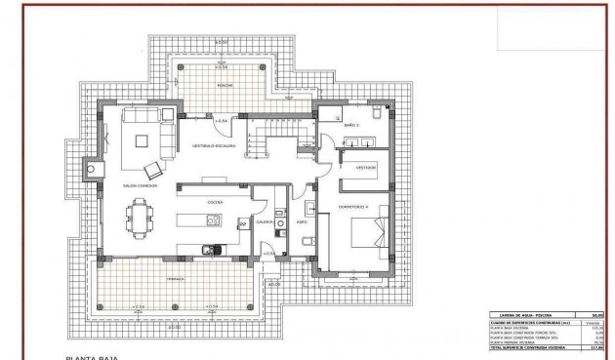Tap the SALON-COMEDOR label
(142, 184)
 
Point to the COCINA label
(215, 202)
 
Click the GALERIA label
(265, 221)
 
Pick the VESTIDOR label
(365, 167)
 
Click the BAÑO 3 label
(351, 125)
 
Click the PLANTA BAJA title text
(92, 357)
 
